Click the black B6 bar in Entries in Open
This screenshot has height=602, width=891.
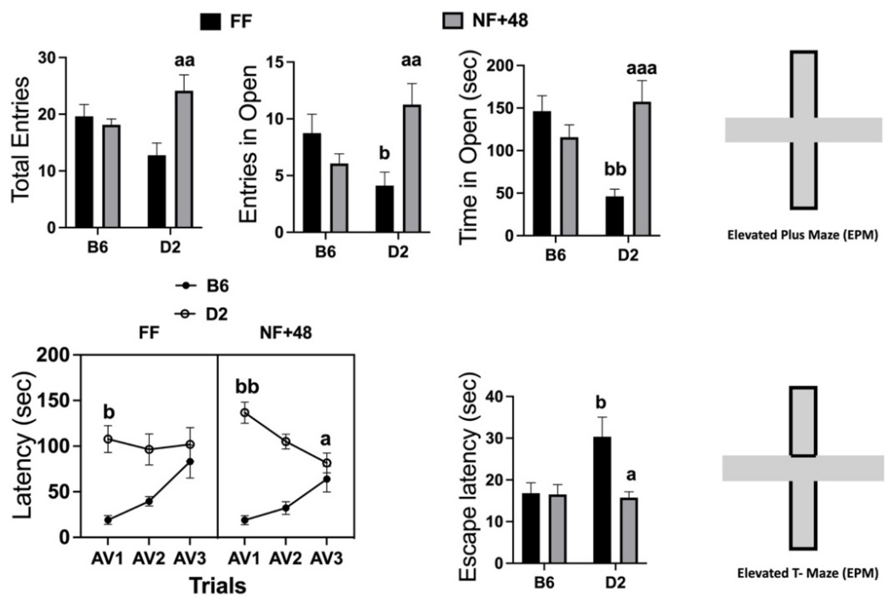(312, 183)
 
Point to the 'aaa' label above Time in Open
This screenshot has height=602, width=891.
(641, 69)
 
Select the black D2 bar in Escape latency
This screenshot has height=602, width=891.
(602, 500)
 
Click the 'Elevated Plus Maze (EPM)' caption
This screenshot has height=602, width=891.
(803, 235)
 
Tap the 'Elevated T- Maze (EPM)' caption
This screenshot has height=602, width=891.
(808, 573)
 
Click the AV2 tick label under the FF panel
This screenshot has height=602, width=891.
(149, 559)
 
